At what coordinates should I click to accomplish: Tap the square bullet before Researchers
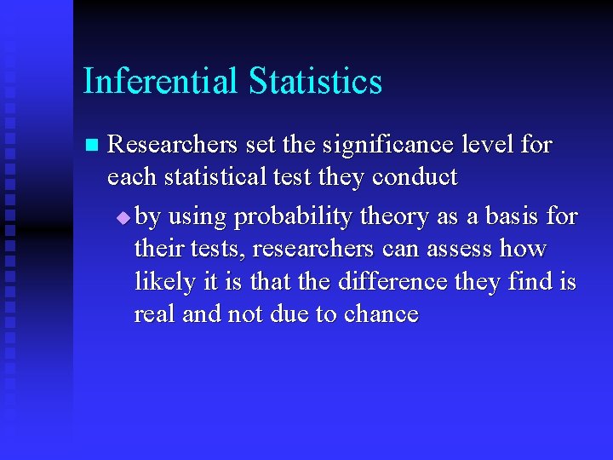[92, 145]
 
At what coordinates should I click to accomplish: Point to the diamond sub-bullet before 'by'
[124, 218]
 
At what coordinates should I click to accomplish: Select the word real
[154, 313]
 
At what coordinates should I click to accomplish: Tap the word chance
[381, 313]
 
